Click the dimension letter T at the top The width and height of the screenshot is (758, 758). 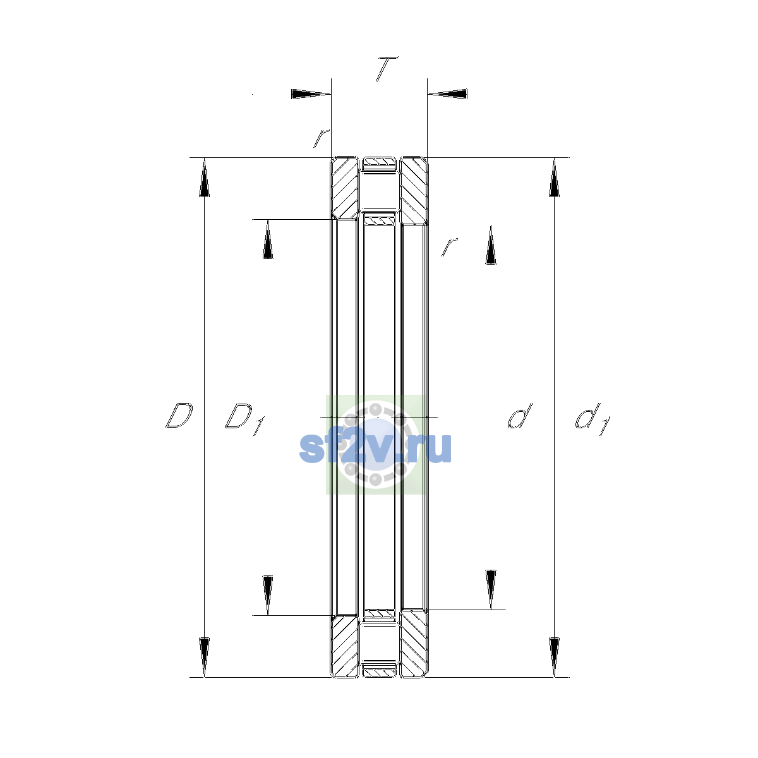[x=387, y=69]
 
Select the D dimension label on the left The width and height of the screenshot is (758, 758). [x=179, y=416]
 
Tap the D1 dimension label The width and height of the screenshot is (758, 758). [x=245, y=419]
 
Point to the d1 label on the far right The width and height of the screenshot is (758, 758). [x=593, y=419]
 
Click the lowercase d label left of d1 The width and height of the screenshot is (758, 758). [x=520, y=416]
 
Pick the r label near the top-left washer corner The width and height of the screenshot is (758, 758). [x=322, y=138]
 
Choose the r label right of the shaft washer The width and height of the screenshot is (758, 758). [x=450, y=246]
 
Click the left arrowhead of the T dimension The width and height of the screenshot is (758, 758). [x=311, y=94]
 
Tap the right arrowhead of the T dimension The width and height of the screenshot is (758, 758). [x=447, y=94]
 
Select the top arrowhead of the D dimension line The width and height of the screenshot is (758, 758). [x=204, y=177]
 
